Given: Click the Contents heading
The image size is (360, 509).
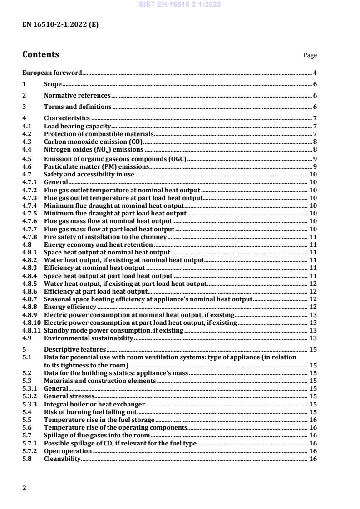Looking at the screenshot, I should point(40,54).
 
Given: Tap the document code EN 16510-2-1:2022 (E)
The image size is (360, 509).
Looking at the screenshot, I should point(60,25).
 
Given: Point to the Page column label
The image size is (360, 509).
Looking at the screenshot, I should point(310,55).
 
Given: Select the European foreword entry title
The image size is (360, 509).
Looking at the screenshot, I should point(52,73).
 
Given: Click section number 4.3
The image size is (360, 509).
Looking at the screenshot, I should point(27,142).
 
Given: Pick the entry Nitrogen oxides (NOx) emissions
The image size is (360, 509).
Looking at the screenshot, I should point(94,149).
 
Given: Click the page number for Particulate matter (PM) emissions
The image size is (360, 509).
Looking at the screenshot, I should point(315,167).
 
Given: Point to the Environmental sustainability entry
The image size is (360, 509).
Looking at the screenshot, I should point(88,338).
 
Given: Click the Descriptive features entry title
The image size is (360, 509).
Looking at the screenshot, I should point(75,350).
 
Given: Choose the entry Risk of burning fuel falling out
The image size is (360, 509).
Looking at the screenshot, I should point(90,412).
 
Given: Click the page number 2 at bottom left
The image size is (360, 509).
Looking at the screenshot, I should point(24,488).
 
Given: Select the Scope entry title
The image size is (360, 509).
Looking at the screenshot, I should point(53,84).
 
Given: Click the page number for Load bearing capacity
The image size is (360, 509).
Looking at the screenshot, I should point(315,126).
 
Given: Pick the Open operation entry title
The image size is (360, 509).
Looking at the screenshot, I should point(68,451).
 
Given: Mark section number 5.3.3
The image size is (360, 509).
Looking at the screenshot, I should point(28,404).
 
